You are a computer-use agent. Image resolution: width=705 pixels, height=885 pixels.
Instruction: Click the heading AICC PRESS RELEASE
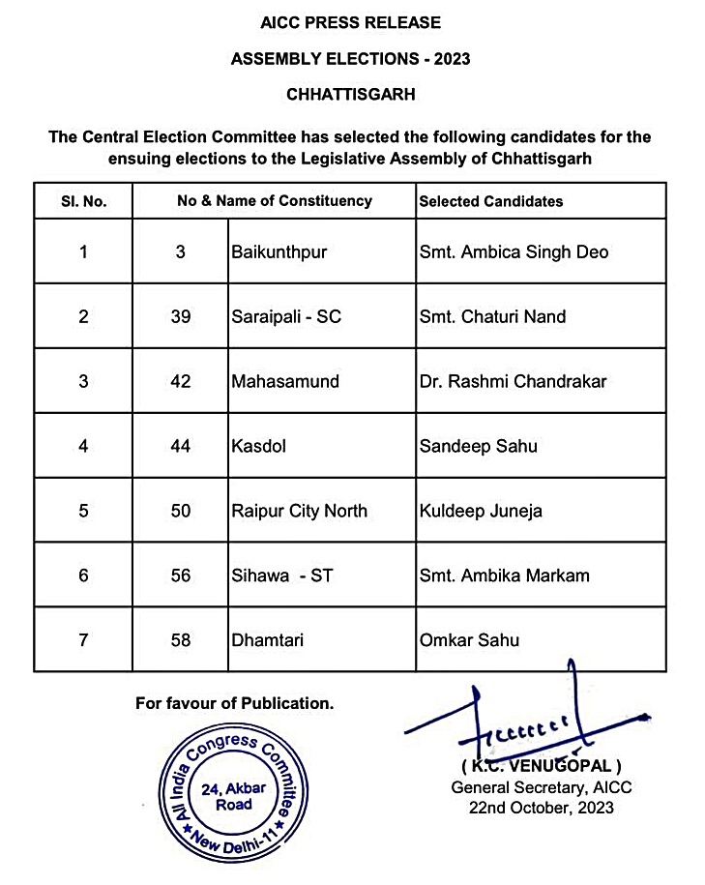[350, 22]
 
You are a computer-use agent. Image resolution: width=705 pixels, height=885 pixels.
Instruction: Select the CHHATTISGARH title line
[350, 95]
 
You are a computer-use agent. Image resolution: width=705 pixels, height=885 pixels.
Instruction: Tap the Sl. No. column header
[83, 201]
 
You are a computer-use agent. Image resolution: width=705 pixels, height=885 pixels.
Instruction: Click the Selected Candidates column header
[491, 201]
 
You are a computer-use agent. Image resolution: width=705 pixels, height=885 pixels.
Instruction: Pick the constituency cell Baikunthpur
[279, 252]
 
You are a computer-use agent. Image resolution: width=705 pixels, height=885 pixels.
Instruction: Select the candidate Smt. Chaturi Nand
[493, 316]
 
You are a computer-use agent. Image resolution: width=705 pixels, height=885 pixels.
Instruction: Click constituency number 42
[180, 381]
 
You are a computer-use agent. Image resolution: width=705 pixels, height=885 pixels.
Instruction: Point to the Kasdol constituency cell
[255, 446]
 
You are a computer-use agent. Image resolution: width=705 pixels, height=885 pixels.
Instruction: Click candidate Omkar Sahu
[470, 640]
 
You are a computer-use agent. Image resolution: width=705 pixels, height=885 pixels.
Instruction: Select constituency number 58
[180, 640]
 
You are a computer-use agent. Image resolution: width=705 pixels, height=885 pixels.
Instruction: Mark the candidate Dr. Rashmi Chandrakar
[514, 381]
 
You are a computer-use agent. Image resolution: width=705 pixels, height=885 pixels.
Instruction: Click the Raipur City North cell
[300, 511]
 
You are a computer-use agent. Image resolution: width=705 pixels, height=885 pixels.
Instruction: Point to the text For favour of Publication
[235, 704]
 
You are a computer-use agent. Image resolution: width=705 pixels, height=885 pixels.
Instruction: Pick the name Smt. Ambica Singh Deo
[514, 252]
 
